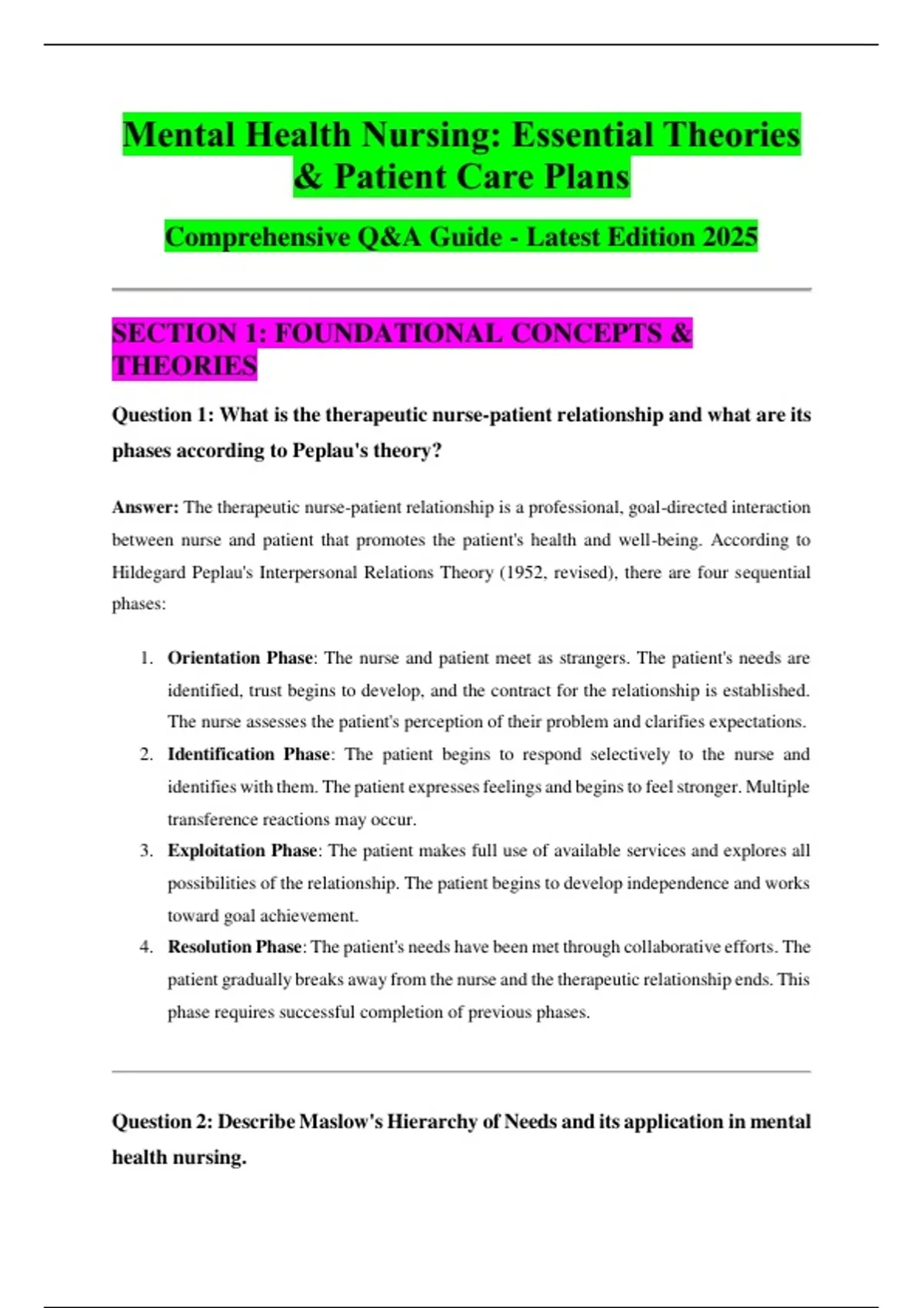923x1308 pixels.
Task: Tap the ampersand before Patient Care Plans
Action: pos(308,178)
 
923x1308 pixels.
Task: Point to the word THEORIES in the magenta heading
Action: pos(185,366)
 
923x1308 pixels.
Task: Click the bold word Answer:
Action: pos(145,508)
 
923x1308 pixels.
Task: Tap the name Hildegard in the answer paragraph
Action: pos(144,572)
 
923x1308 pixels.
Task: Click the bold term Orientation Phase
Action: pos(240,659)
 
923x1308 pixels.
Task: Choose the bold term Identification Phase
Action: pos(249,755)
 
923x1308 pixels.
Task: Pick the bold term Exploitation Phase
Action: pos(242,851)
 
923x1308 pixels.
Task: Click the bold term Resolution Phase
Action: pos(235,947)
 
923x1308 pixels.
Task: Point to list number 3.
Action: pos(146,851)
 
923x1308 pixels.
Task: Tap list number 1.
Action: pos(146,659)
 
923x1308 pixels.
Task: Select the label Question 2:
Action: pos(162,1123)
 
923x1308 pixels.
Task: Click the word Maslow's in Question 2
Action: pos(339,1123)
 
